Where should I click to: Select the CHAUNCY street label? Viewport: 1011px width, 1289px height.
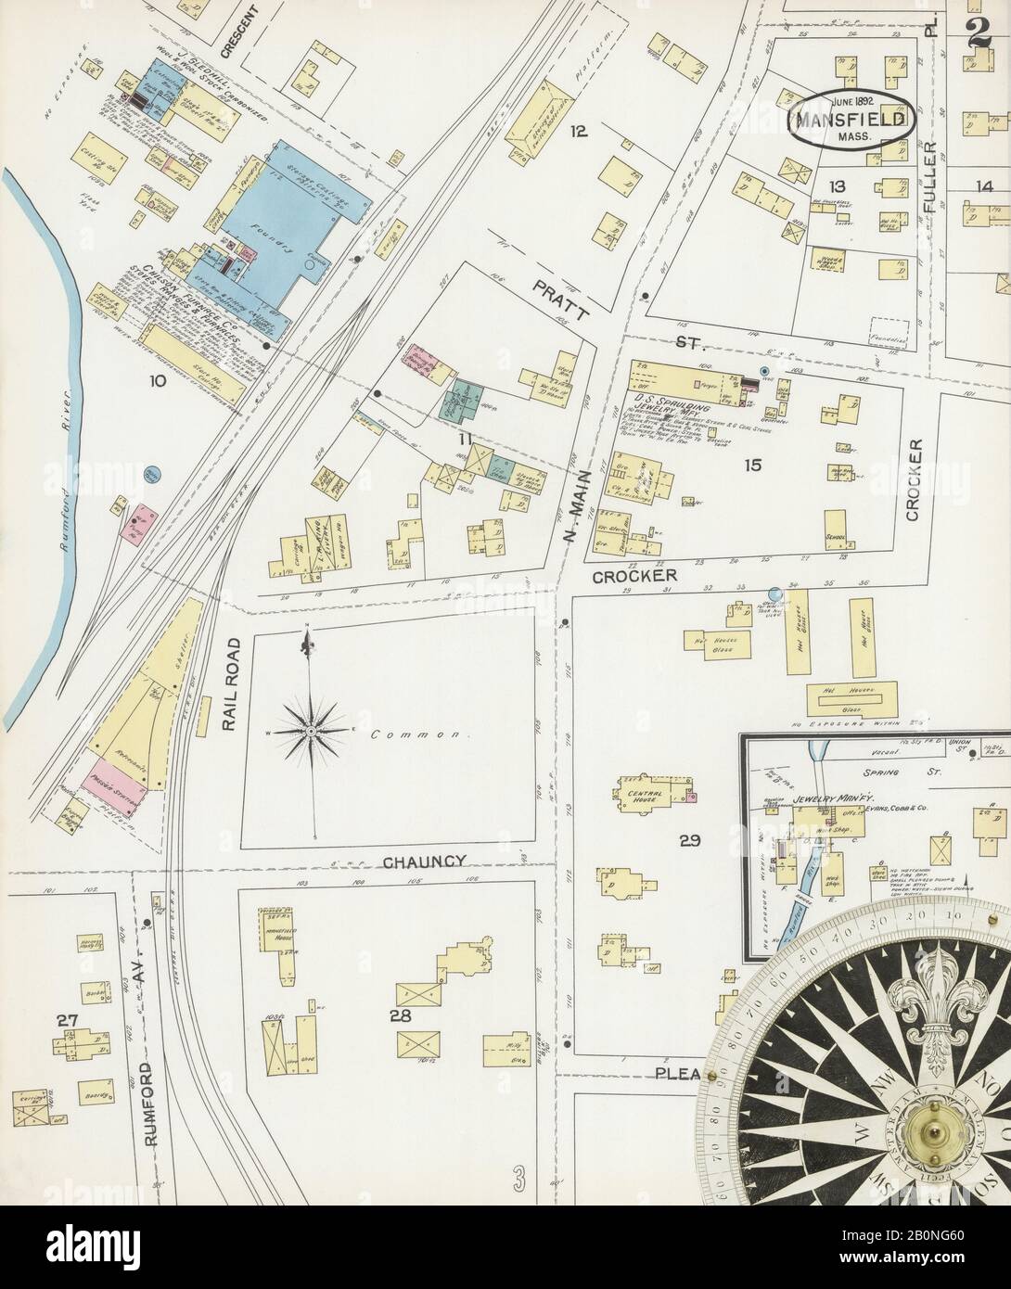click(x=423, y=861)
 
